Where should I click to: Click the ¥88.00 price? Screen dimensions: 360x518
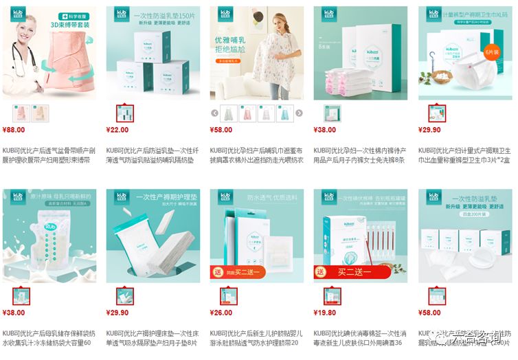point(14,129)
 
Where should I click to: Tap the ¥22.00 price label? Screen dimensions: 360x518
point(117,129)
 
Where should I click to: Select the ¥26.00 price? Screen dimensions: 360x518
point(221,312)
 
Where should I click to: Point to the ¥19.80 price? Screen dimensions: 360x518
point(325,312)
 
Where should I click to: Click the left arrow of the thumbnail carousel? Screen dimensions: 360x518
point(214,113)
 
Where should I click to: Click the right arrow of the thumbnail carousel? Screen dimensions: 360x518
point(299,113)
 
